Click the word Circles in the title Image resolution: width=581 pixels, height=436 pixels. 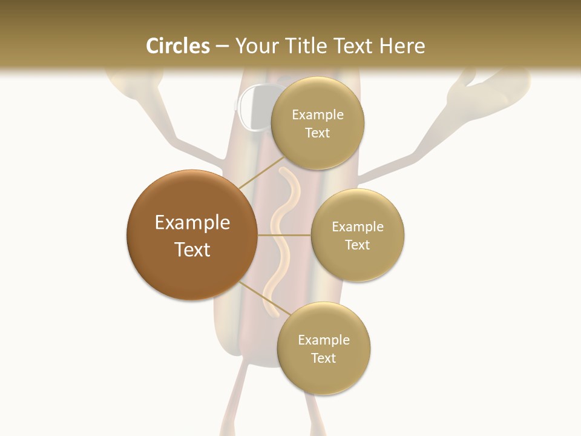pos(177,46)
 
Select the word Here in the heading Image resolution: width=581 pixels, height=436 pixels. pos(403,46)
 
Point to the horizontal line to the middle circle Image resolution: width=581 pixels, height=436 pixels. pos(284,235)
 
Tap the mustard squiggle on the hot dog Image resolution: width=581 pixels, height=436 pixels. pos(281,242)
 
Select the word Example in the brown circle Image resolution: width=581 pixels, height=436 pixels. pos(192,223)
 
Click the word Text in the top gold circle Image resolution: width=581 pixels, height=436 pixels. pos(318,133)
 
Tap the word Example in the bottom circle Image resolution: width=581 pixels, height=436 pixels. pos(324,340)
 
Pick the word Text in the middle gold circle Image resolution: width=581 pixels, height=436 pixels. pos(358,245)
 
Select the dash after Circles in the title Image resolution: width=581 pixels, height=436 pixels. pos(222,47)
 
